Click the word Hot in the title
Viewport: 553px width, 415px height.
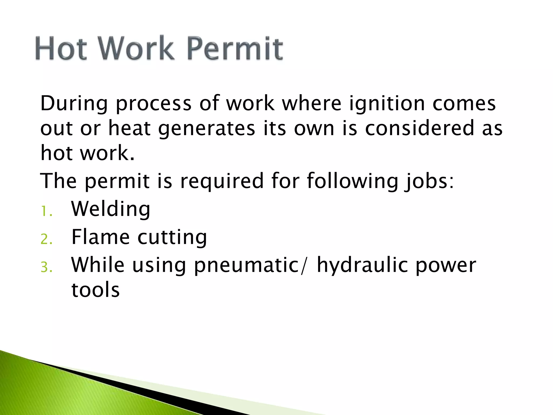coord(61,49)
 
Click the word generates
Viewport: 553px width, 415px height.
coord(207,129)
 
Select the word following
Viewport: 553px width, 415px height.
coord(353,181)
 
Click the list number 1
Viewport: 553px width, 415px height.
coord(46,211)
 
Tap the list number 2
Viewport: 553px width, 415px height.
coord(46,239)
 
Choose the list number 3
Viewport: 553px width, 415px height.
coord(46,267)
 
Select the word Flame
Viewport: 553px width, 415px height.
coord(100,237)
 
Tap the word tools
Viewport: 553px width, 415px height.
coord(95,290)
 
